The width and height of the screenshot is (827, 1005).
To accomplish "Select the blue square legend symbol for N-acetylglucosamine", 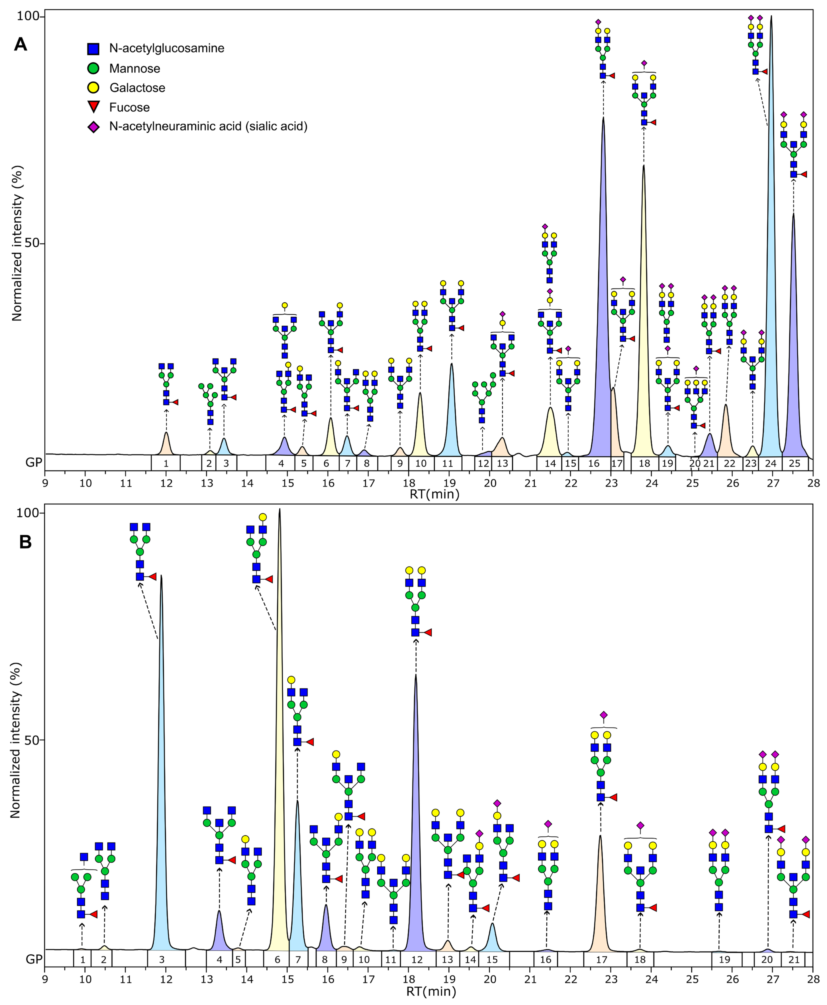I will tap(93, 49).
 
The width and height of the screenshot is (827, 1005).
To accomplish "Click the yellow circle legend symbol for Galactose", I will tap(93, 88).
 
